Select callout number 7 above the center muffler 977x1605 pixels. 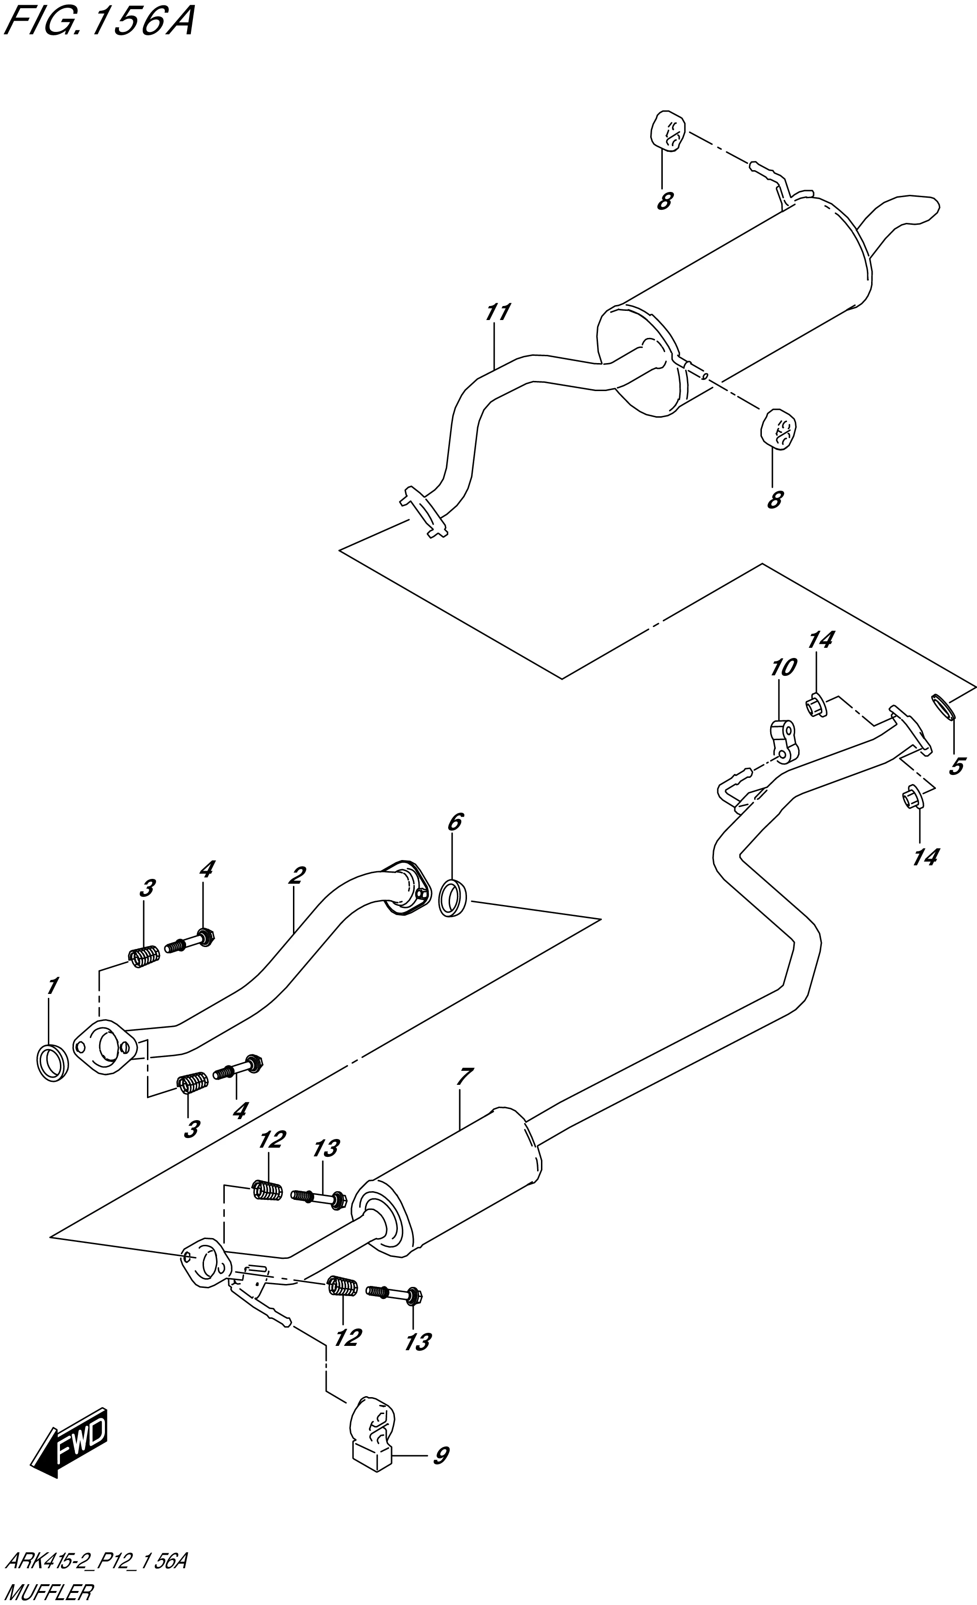(x=463, y=1077)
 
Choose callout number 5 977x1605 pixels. (x=955, y=767)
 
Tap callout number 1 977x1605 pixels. (x=52, y=986)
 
